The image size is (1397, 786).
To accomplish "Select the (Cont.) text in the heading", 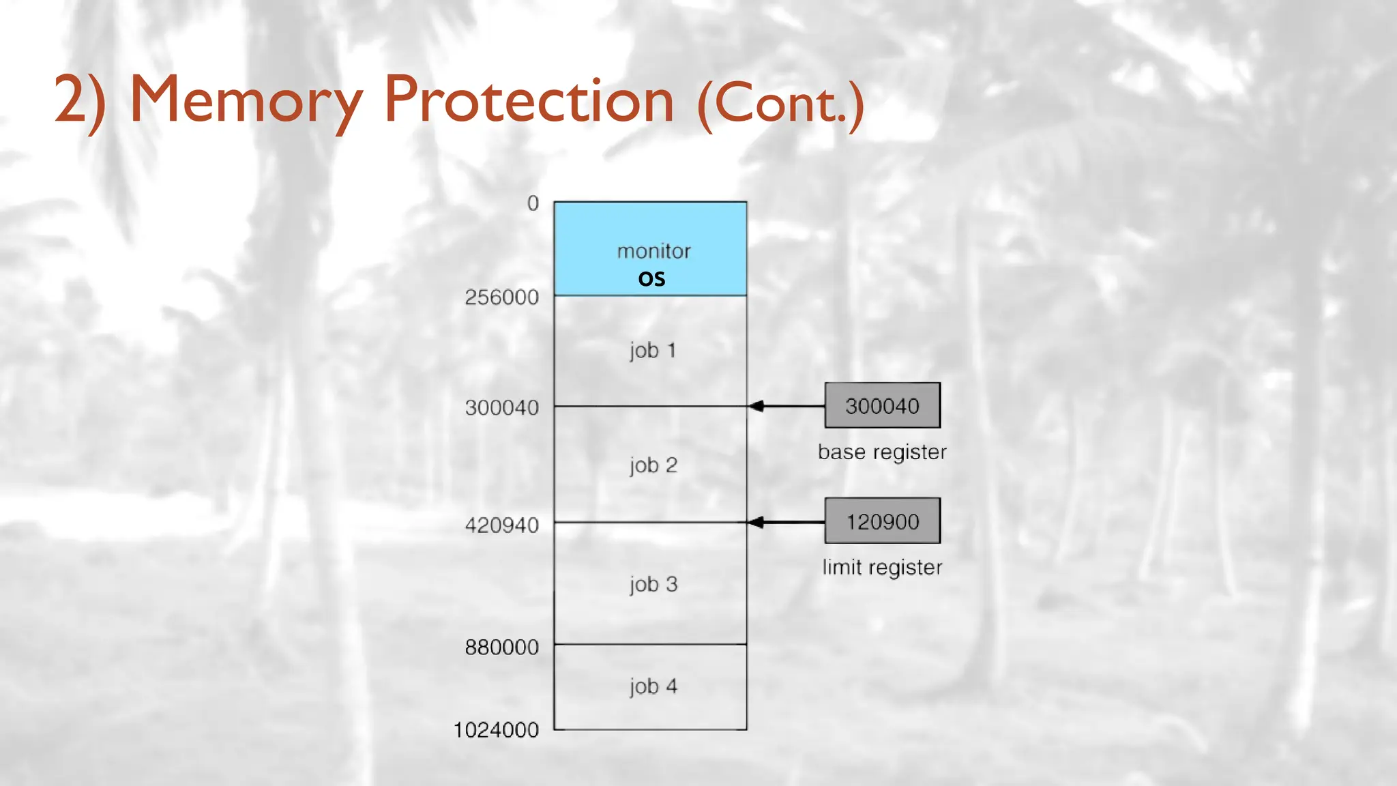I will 780,104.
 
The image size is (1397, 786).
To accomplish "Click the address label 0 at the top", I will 533,203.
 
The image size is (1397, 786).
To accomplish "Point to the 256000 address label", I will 501,297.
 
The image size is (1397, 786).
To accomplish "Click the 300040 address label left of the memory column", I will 501,408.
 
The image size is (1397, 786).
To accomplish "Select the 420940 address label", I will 501,525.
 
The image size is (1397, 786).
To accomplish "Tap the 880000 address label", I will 501,647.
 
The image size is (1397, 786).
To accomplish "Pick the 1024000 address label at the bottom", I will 496,730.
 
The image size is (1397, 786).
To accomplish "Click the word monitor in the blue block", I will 653,252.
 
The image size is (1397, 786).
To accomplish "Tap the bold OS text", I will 651,279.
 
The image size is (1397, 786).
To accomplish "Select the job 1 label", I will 653,351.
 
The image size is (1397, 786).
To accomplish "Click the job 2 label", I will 653,465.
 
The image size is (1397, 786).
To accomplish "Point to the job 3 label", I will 653,585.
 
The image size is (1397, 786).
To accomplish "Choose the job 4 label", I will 653,686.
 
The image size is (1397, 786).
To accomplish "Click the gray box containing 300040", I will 882,406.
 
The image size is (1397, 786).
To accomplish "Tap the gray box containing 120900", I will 882,521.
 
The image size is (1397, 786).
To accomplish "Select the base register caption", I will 882,452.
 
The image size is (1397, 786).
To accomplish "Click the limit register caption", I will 882,568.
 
